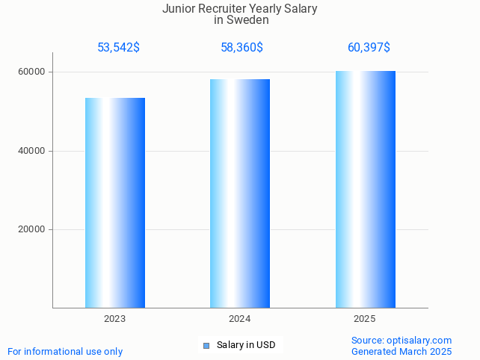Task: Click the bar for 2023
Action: point(115,202)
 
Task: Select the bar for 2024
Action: point(240,193)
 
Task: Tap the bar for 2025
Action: point(365,189)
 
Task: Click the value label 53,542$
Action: point(118,48)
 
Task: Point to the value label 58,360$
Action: point(241,48)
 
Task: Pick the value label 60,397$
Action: point(369,48)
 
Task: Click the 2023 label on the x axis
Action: point(115,319)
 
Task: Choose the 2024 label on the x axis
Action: point(240,319)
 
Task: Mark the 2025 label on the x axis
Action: point(365,319)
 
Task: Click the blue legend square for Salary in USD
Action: point(206,345)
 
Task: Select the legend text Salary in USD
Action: point(246,345)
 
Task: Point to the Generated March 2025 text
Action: point(401,351)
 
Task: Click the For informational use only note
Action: point(65,351)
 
